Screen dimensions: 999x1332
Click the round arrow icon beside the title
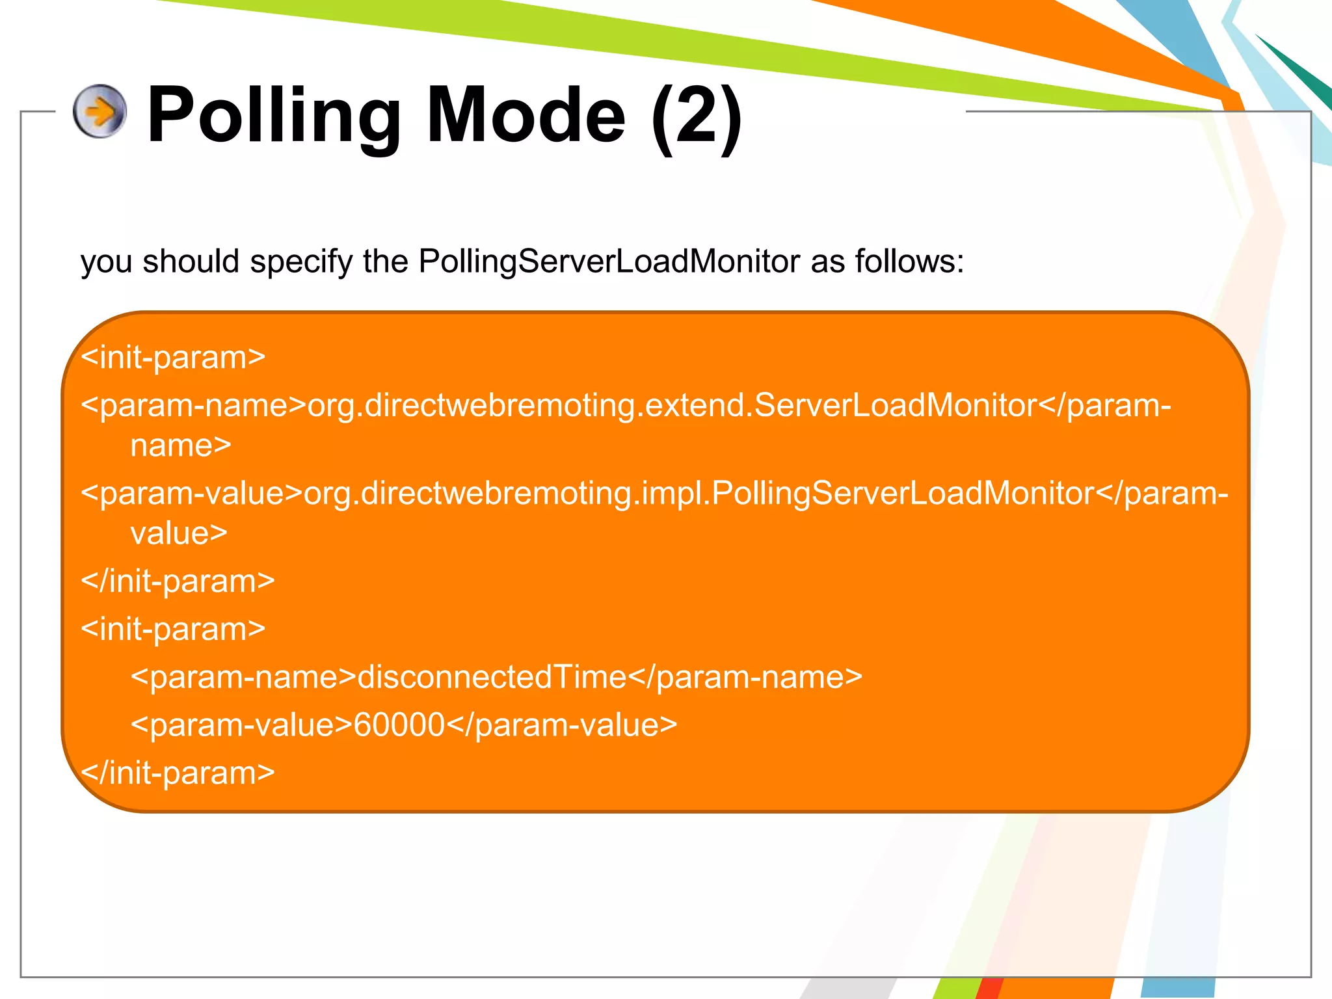click(x=100, y=111)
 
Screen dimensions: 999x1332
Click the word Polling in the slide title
click(x=274, y=116)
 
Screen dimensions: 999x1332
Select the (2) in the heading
click(x=697, y=117)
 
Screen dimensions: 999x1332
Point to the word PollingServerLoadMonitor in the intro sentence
click(x=609, y=261)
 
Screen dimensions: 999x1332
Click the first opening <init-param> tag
click(x=173, y=357)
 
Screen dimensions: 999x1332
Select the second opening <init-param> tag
click(x=173, y=629)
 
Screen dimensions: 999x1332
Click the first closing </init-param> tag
click(x=178, y=581)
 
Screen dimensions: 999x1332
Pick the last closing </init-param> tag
click(x=178, y=773)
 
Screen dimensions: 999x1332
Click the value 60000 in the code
click(x=399, y=725)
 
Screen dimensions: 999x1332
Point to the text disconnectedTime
click(x=492, y=677)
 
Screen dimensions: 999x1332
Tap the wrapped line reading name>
click(x=181, y=446)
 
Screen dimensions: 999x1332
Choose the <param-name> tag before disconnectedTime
click(x=244, y=678)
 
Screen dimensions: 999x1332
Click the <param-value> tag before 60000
click(x=241, y=725)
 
